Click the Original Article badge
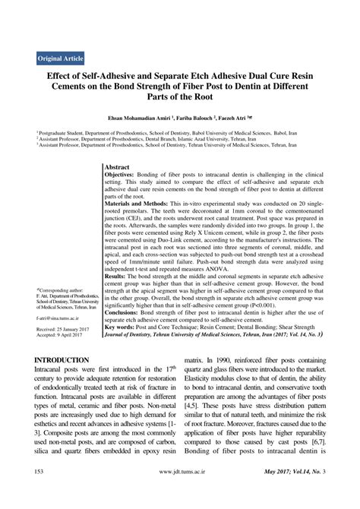pyautogui.click(x=62, y=58)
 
